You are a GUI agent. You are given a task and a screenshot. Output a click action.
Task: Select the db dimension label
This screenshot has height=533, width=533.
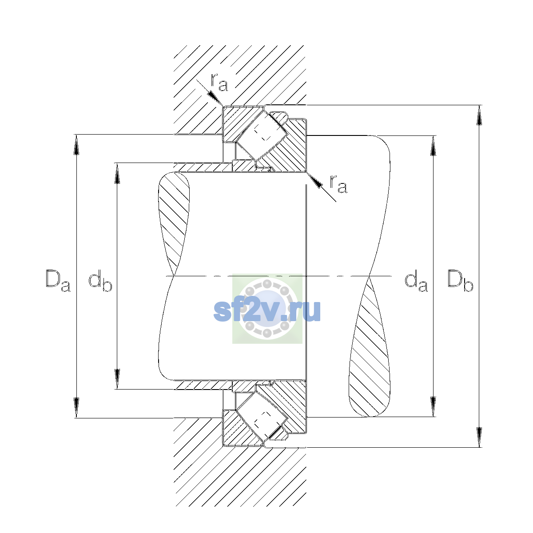point(100,281)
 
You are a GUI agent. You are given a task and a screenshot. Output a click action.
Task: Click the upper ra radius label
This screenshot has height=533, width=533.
point(219,83)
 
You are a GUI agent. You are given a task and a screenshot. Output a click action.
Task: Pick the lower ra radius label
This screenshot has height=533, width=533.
point(338,184)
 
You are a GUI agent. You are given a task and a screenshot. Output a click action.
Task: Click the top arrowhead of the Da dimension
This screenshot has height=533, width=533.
point(76,145)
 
